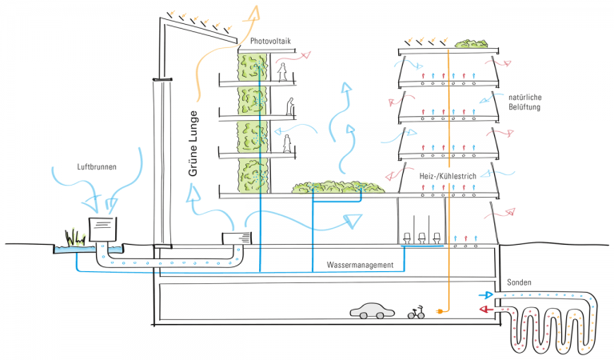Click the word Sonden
[520, 283]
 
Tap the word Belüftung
[524, 106]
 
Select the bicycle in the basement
[416, 312]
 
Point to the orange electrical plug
[439, 310]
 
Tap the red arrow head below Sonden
[484, 310]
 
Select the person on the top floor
[282, 72]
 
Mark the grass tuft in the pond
[76, 238]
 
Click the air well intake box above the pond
[102, 228]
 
